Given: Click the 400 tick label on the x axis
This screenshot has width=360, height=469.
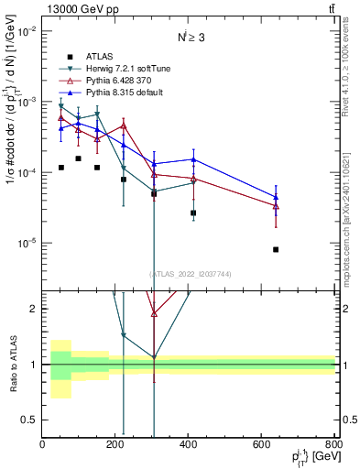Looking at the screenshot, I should (x=190, y=445).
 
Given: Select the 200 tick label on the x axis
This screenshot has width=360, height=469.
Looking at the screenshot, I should (x=116, y=445).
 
